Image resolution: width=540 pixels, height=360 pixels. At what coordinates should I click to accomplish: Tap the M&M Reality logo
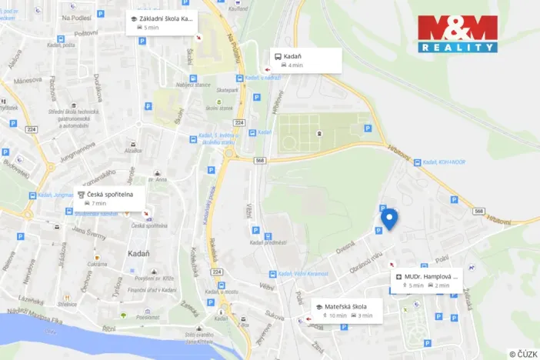pyautogui.click(x=457, y=33)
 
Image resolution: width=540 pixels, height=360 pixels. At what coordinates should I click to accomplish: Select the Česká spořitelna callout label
pyautogui.click(x=112, y=198)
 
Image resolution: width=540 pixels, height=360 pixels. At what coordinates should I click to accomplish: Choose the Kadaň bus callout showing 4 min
pyautogui.click(x=304, y=60)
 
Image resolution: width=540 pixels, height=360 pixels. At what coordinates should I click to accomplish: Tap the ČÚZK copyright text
pyautogui.click(x=523, y=353)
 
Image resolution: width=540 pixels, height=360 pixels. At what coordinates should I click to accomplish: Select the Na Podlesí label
pyautogui.click(x=77, y=17)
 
